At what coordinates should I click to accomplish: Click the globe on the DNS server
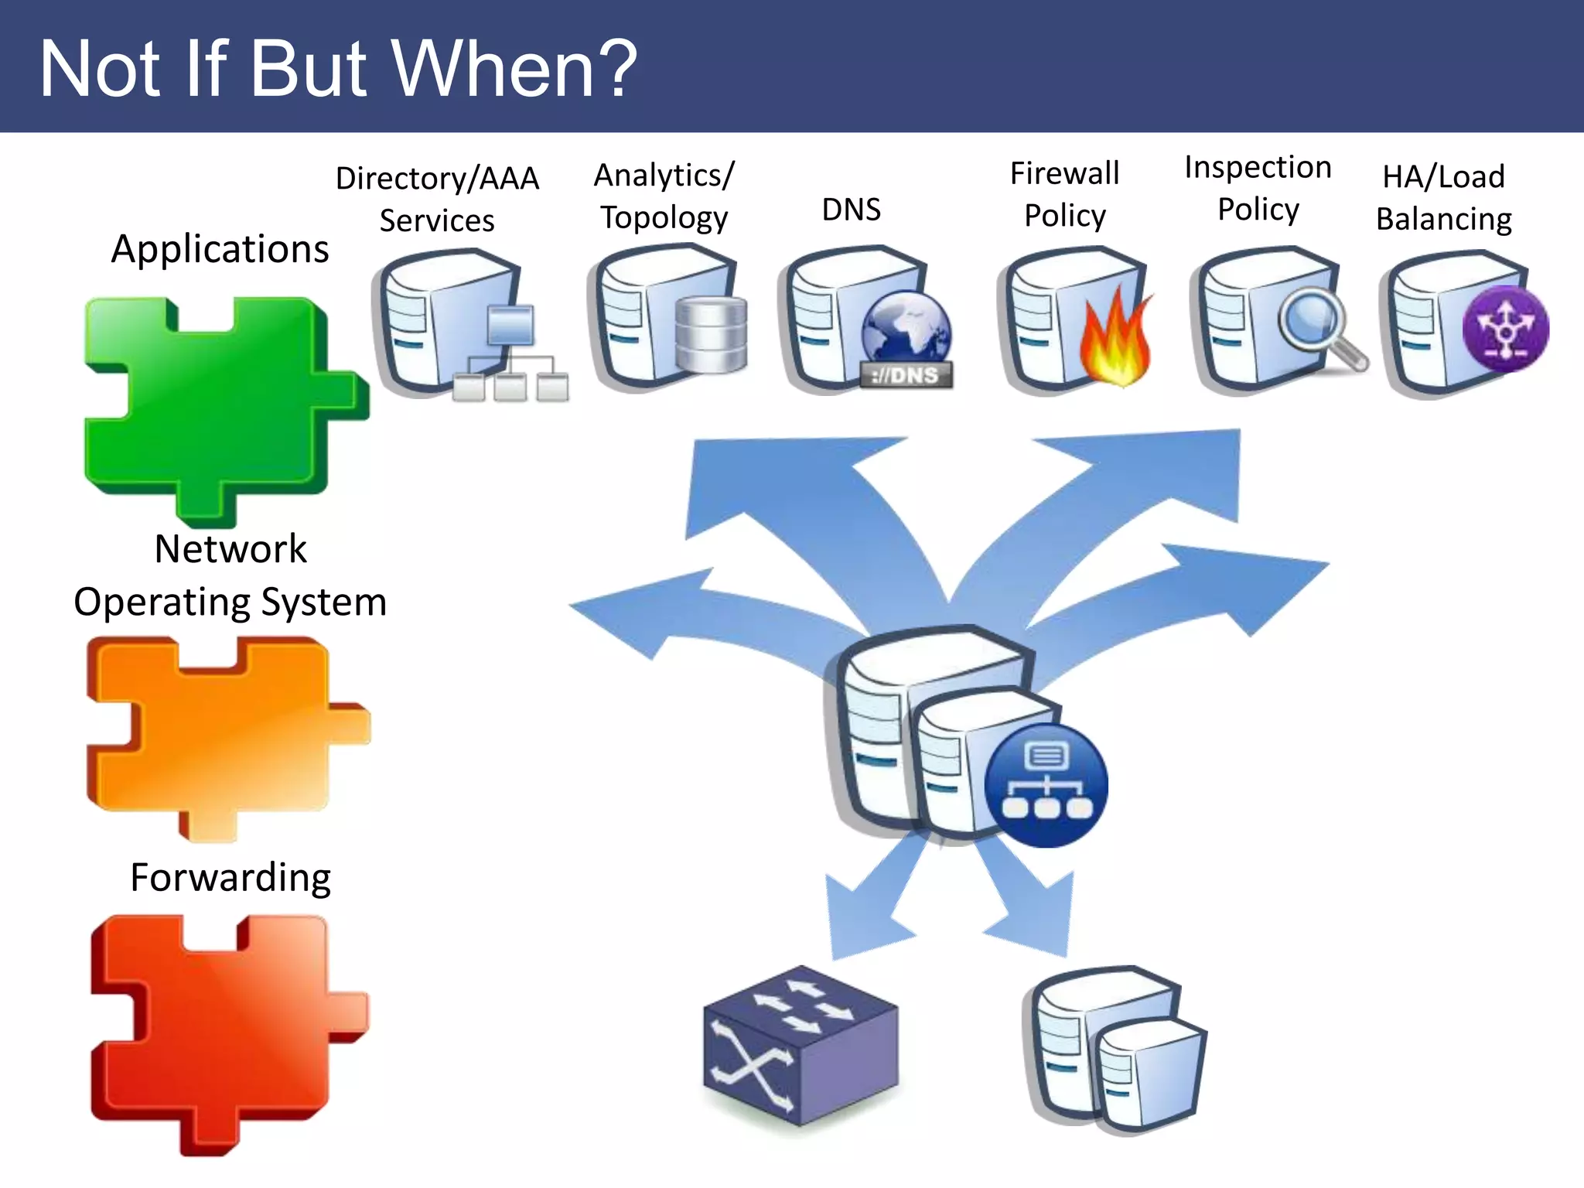pyautogui.click(x=906, y=329)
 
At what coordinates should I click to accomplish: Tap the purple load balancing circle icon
pyautogui.click(x=1505, y=329)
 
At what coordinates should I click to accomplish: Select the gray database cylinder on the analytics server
pyautogui.click(x=710, y=334)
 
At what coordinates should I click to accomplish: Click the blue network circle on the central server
pyautogui.click(x=1046, y=785)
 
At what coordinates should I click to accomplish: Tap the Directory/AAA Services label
pyautogui.click(x=437, y=199)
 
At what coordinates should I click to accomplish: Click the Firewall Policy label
pyautogui.click(x=1064, y=194)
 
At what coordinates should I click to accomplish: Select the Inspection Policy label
pyautogui.click(x=1258, y=188)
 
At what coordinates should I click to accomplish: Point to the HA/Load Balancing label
pyautogui.click(x=1443, y=197)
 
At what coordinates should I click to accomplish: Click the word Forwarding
pyautogui.click(x=230, y=877)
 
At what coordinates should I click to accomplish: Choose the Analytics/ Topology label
pyautogui.click(x=664, y=196)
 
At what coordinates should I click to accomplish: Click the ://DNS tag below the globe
pyautogui.click(x=906, y=376)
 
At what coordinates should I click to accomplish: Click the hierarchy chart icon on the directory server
pyautogui.click(x=510, y=356)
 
